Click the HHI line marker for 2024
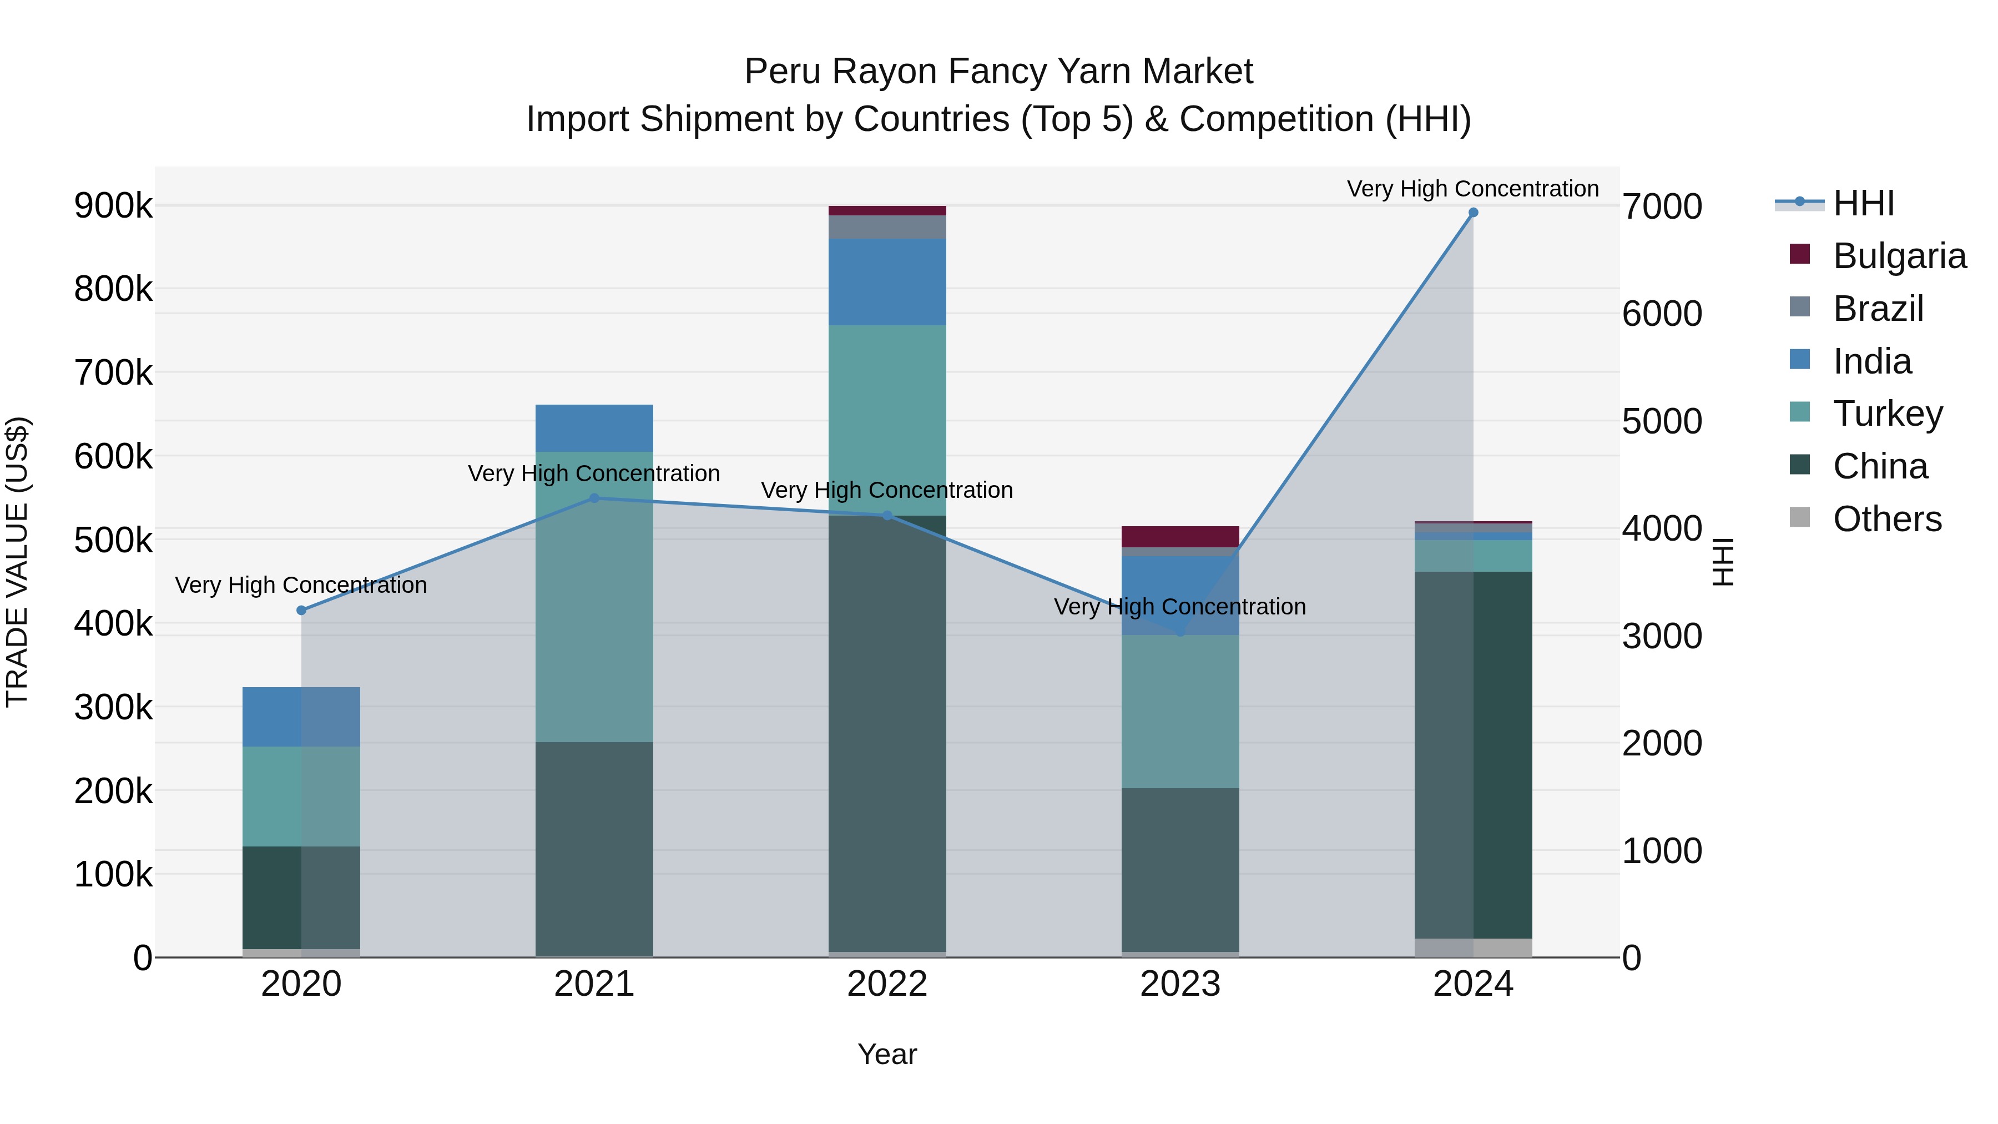[x=1473, y=213]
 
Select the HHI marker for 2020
[x=302, y=611]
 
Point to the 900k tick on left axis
[x=113, y=206]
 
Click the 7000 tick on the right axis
[x=1661, y=207]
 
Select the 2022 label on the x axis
[x=887, y=984]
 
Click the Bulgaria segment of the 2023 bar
[x=1180, y=537]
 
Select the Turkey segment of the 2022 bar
[x=887, y=419]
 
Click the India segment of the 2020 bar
[x=302, y=717]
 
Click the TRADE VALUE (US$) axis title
[x=18, y=562]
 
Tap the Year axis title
[x=887, y=1054]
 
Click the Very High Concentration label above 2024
[x=1473, y=189]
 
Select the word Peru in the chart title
[x=782, y=72]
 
